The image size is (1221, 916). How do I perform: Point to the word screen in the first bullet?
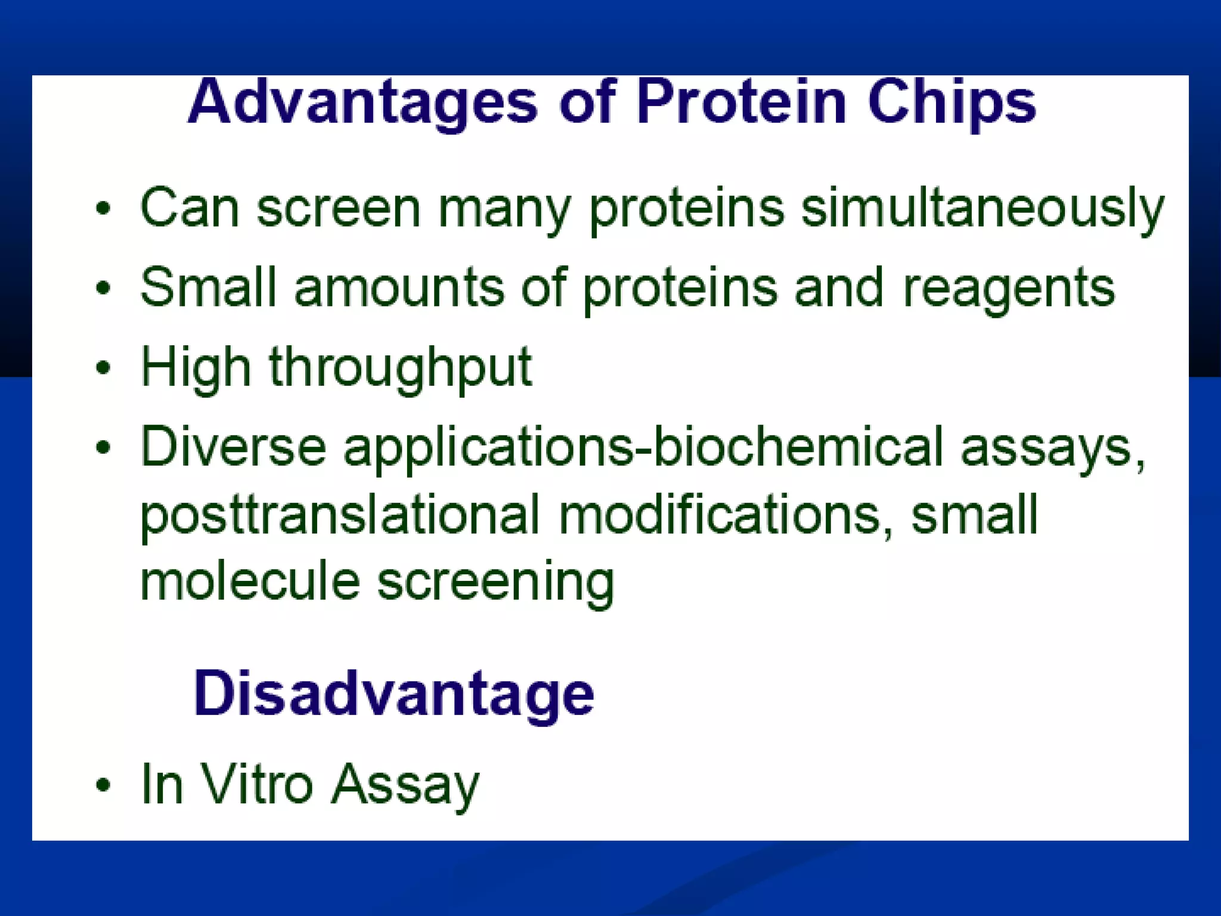339,210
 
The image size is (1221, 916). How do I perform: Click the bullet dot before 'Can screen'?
103,209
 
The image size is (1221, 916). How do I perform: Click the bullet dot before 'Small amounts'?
103,288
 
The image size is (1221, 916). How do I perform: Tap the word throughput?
400,369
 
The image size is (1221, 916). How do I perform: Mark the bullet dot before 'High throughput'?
103,367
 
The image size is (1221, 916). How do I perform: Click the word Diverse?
233,445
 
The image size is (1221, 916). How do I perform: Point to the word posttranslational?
340,516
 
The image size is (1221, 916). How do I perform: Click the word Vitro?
256,784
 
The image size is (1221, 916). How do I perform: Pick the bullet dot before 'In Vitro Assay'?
103,785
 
